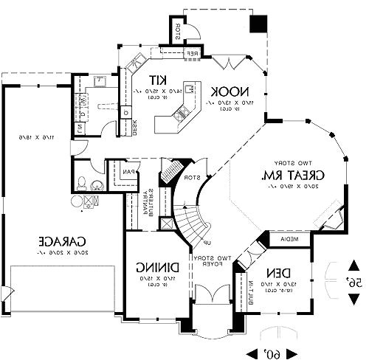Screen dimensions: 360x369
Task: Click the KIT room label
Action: pyautogui.click(x=156, y=80)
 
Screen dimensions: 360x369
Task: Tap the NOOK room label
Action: pyautogui.click(x=225, y=91)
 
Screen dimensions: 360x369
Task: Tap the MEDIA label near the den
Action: pyautogui.click(x=289, y=240)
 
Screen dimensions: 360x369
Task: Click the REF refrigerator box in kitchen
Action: pyautogui.click(x=190, y=53)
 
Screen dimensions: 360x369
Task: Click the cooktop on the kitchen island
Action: pyautogui.click(x=181, y=113)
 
